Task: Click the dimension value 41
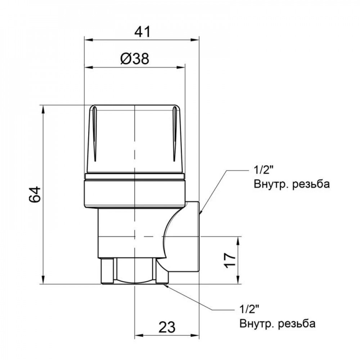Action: pos(142,32)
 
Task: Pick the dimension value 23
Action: pos(167,328)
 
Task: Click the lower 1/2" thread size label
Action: pos(249,309)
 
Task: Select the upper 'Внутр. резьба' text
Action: pos(292,185)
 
